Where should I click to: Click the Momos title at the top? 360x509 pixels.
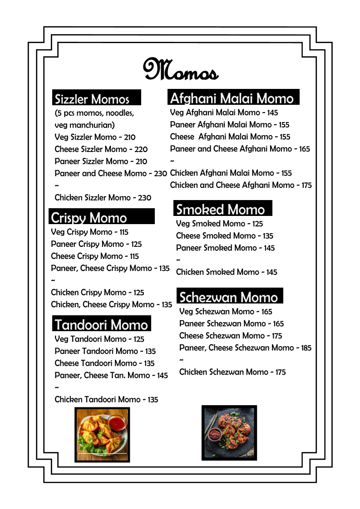pyautogui.click(x=181, y=69)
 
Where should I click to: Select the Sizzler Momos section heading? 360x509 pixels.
pyautogui.click(x=92, y=99)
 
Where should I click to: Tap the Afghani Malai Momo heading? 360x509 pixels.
pyautogui.click(x=232, y=98)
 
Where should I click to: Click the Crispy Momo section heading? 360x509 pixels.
pyautogui.click(x=89, y=218)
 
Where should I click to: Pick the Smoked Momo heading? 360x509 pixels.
pyautogui.click(x=220, y=209)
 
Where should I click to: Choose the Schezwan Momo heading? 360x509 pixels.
pyautogui.click(x=228, y=297)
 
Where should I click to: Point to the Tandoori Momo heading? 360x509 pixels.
pyautogui.click(x=101, y=324)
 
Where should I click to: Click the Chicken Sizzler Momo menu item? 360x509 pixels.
pyautogui.click(x=103, y=197)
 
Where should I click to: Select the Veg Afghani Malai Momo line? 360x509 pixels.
pyautogui.click(x=224, y=113)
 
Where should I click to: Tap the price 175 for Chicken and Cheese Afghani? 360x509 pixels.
pyautogui.click(x=306, y=185)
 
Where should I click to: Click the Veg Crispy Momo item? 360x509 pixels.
pyautogui.click(x=89, y=232)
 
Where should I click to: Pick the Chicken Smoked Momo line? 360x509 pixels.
pyautogui.click(x=227, y=272)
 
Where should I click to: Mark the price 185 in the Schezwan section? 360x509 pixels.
pyautogui.click(x=306, y=348)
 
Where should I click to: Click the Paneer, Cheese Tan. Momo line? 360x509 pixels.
pyautogui.click(x=111, y=375)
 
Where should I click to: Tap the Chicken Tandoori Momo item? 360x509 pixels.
pyautogui.click(x=106, y=399)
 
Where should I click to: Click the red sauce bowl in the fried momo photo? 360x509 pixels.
pyautogui.click(x=116, y=424)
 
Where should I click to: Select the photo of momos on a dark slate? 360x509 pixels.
pyautogui.click(x=229, y=433)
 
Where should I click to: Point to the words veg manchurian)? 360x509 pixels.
pyautogui.click(x=84, y=125)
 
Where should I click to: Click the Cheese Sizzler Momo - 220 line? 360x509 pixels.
pyautogui.click(x=101, y=149)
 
